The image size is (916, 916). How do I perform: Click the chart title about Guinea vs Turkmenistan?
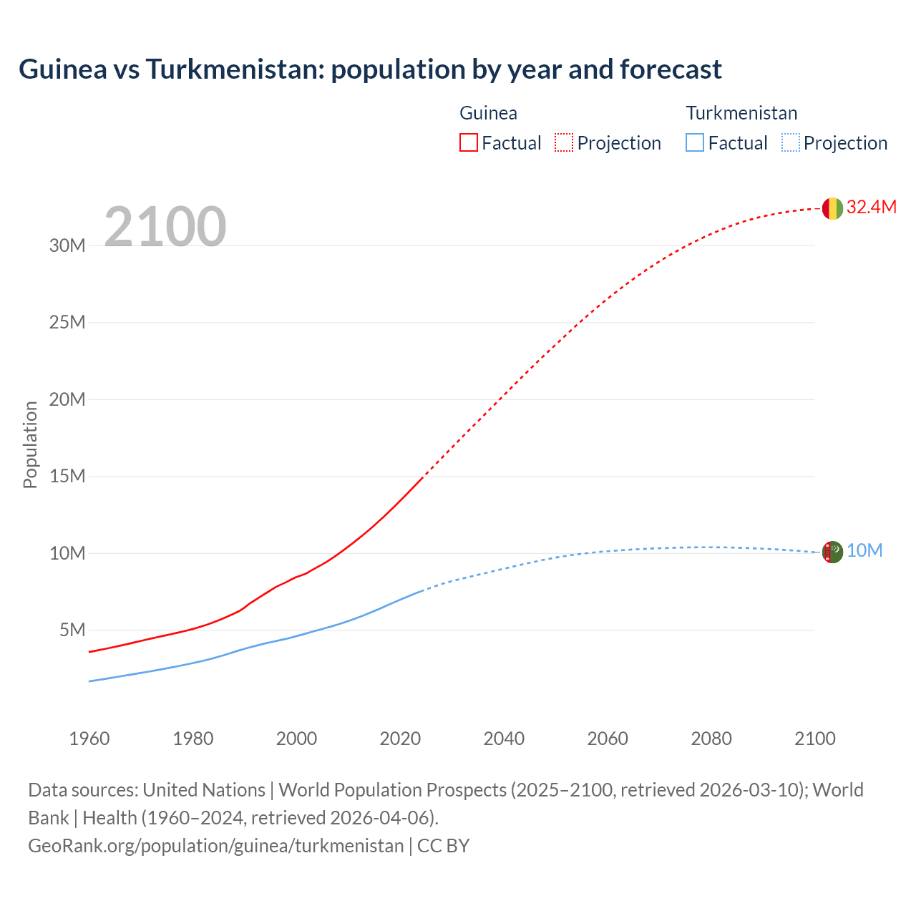click(370, 69)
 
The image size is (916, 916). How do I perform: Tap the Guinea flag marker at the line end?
click(832, 208)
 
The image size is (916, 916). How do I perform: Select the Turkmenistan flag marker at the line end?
click(832, 552)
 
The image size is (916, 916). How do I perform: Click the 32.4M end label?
click(871, 208)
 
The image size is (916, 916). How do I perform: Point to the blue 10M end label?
click(864, 551)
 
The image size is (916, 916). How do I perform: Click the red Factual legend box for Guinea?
click(468, 142)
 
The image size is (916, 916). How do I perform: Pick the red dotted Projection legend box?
click(564, 142)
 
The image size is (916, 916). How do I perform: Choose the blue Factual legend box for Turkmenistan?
click(694, 142)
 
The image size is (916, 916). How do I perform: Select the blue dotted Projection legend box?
click(790, 142)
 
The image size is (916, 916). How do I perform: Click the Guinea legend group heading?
click(488, 113)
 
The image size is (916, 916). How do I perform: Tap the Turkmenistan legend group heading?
click(741, 113)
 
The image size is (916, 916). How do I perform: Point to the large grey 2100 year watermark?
click(165, 227)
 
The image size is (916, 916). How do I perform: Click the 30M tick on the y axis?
click(67, 246)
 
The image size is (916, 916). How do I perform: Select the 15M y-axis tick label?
click(67, 477)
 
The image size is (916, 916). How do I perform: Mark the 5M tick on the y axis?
click(72, 630)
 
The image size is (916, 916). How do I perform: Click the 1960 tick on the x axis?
click(89, 739)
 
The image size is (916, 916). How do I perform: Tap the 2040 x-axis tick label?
click(504, 739)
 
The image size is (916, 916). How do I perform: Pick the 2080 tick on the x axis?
click(711, 739)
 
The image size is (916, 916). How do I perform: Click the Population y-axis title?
click(30, 445)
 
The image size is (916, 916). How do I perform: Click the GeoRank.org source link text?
click(216, 846)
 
